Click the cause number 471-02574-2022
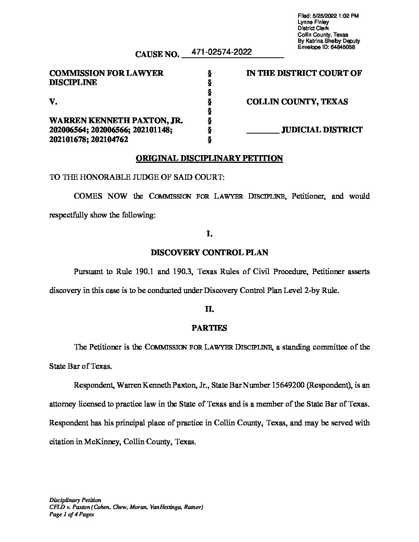point(221,52)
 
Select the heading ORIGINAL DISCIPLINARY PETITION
point(209,158)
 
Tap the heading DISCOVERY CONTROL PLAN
point(209,253)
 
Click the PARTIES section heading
point(209,328)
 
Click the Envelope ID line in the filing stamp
point(326,47)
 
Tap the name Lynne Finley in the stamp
point(313,22)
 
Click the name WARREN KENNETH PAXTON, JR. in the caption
point(116,120)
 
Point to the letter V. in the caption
point(54,102)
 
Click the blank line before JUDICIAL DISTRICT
point(263,130)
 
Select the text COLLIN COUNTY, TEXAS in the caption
point(297,102)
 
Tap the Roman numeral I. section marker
point(209,234)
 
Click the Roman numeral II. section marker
point(209,309)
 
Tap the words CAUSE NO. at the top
point(157,54)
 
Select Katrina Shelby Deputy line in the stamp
point(328,41)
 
